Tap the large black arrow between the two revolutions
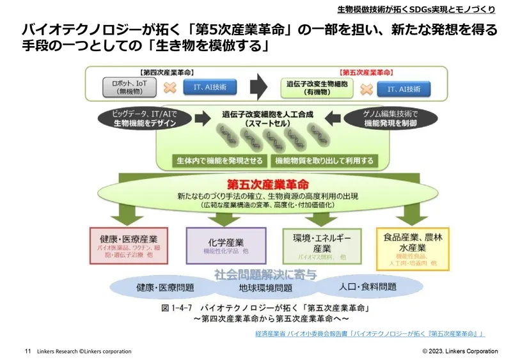[258, 85]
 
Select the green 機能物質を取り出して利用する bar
[324, 160]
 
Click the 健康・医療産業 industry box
[120, 245]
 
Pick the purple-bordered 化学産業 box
[226, 245]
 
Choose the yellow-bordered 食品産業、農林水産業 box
[413, 245]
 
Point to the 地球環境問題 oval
[265, 288]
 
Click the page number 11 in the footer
[28, 351]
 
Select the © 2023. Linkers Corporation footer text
[460, 351]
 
